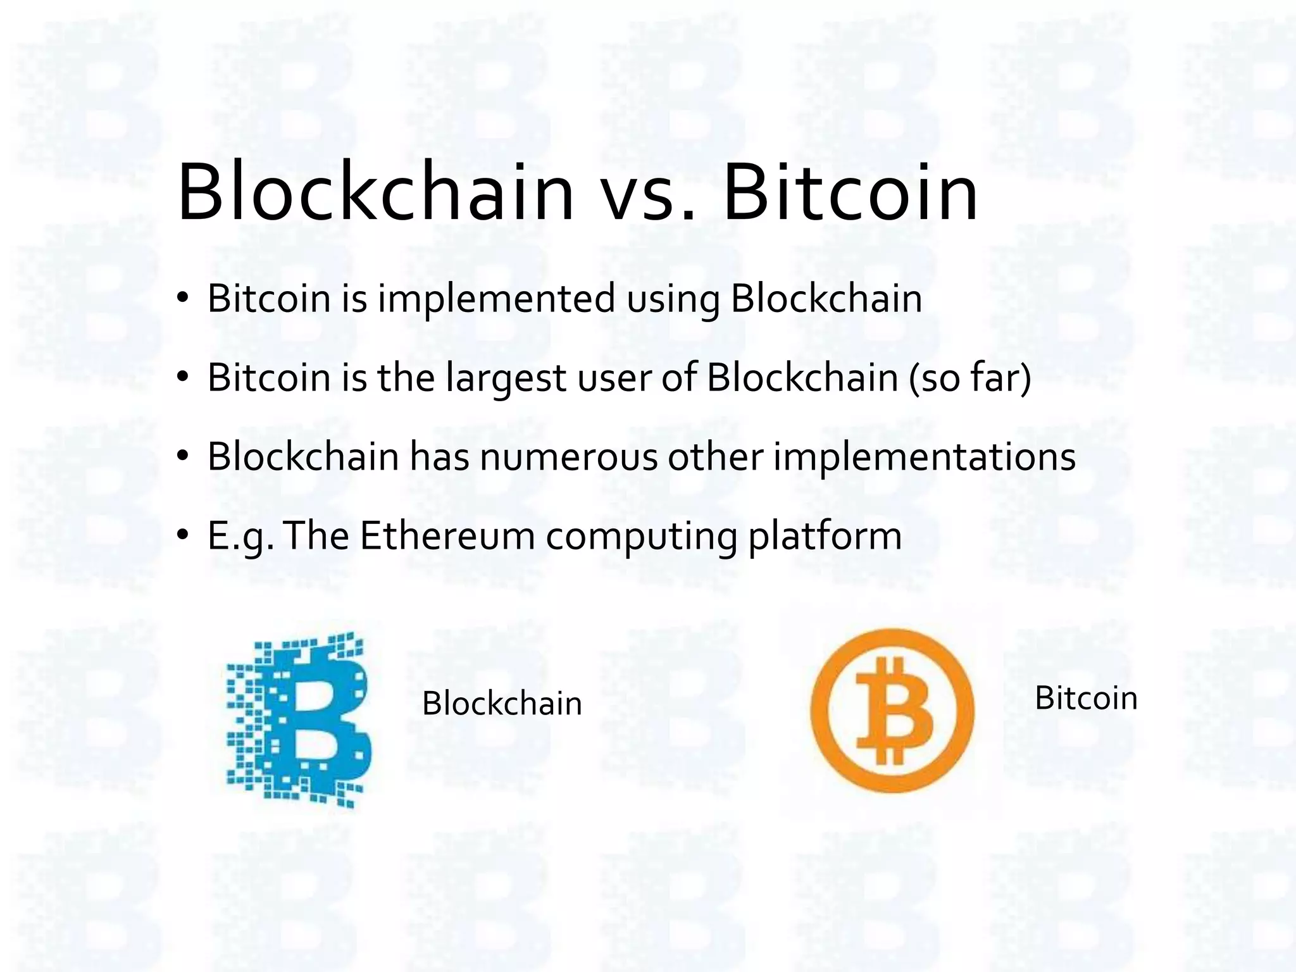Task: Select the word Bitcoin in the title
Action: [x=850, y=192]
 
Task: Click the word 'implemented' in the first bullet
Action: [x=496, y=299]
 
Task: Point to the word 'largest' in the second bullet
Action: [x=505, y=378]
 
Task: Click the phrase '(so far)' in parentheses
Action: [x=970, y=378]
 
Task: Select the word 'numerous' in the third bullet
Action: [x=568, y=457]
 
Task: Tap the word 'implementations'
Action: [x=925, y=457]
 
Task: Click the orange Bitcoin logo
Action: [x=892, y=710]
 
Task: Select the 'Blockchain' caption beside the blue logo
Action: [x=502, y=704]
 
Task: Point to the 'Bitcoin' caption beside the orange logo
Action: [x=1086, y=699]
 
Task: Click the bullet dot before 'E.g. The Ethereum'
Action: [x=184, y=535]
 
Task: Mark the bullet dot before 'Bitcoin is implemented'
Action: [x=184, y=299]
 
